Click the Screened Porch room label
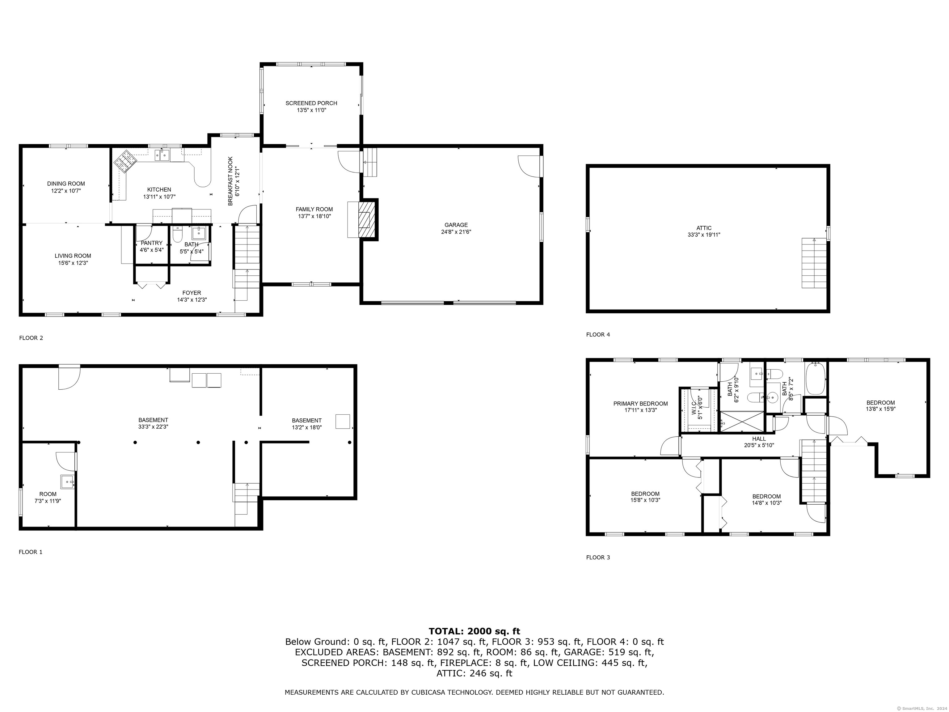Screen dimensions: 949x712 [x=311, y=106]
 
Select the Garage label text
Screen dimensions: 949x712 [x=456, y=228]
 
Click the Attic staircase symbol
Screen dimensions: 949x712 [x=814, y=263]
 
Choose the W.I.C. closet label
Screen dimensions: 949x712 [x=697, y=407]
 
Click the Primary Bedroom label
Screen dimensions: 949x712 [x=640, y=406]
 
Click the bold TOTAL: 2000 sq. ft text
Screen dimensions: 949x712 [x=474, y=631]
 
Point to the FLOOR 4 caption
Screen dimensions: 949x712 [x=598, y=334]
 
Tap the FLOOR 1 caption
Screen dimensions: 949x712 [x=31, y=552]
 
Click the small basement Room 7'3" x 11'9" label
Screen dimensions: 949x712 [x=48, y=497]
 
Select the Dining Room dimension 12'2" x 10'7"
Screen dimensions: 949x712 [x=66, y=191]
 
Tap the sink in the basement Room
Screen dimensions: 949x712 [x=67, y=481]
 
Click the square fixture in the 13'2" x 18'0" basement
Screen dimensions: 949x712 [x=342, y=421]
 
